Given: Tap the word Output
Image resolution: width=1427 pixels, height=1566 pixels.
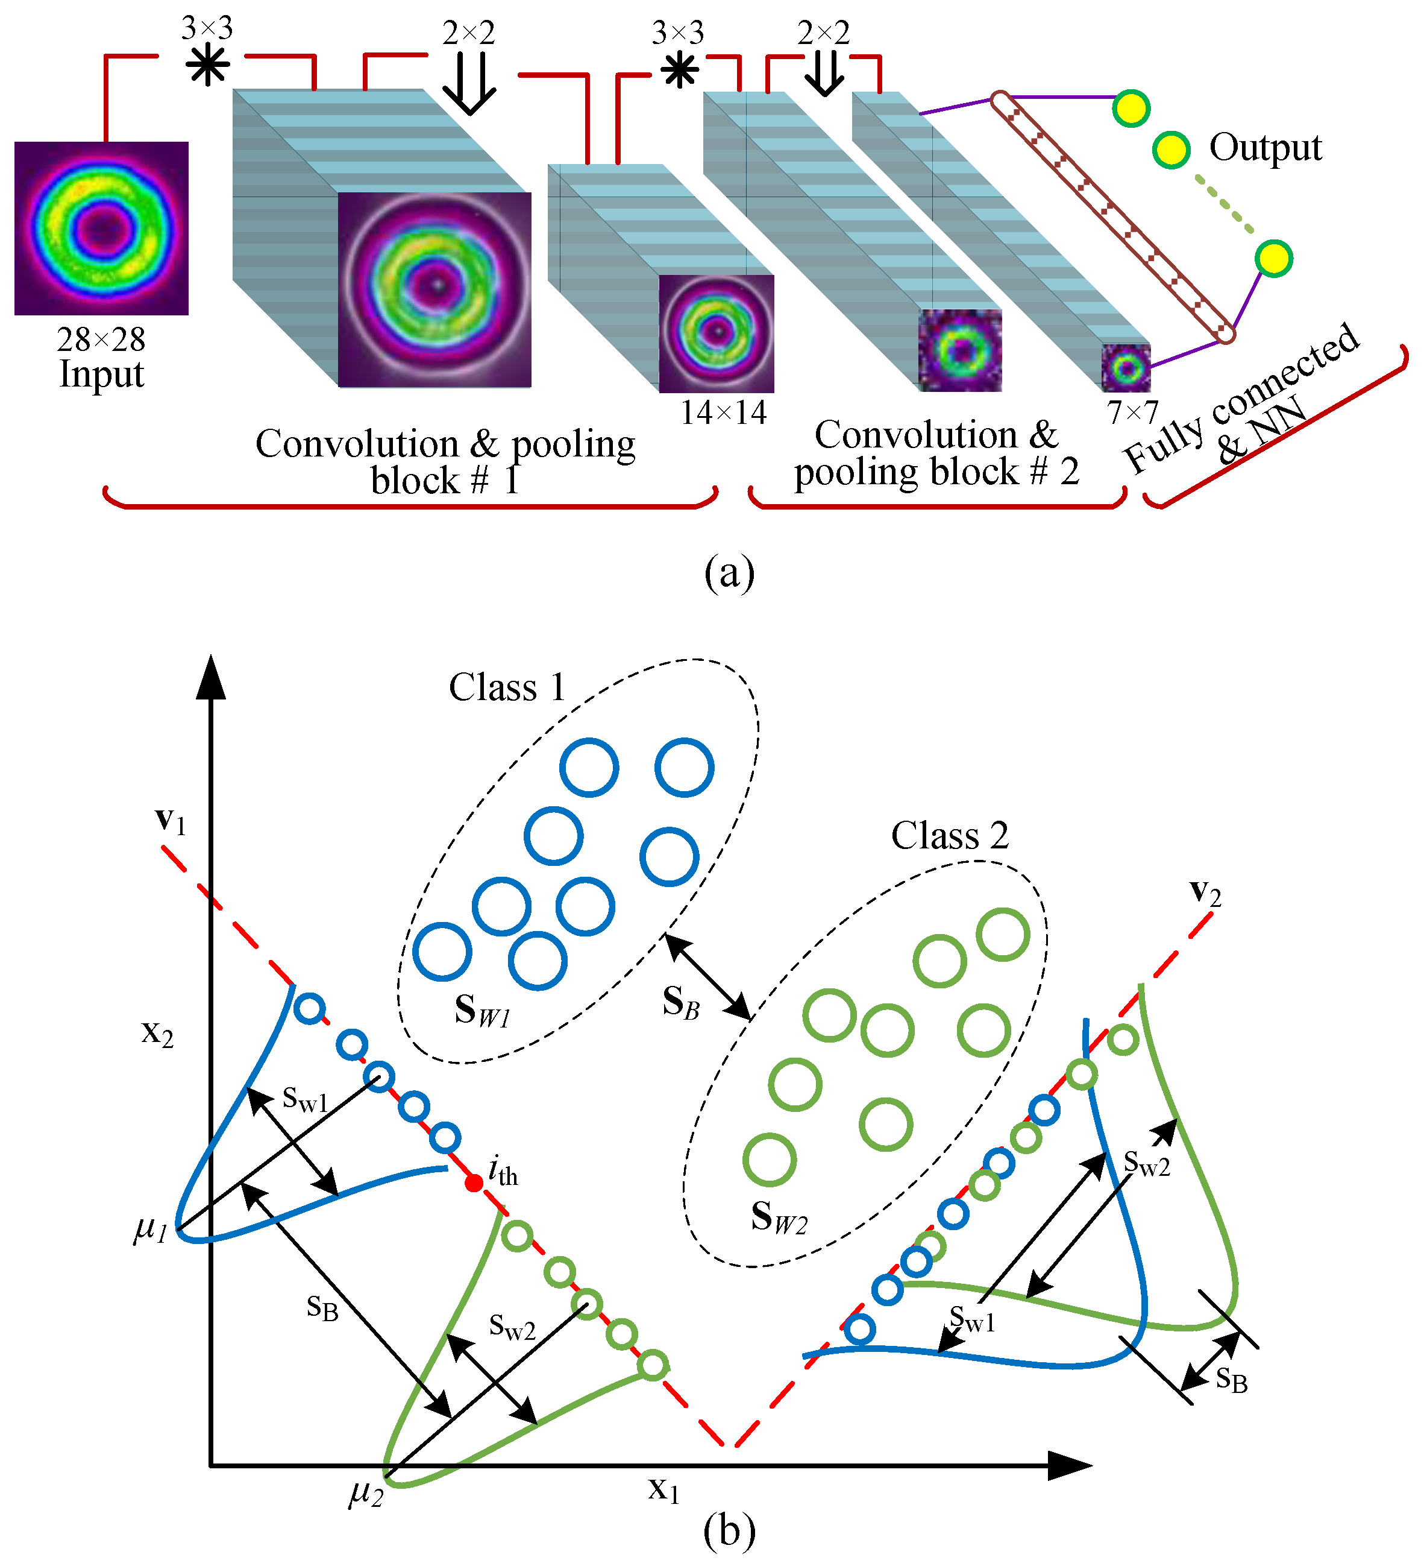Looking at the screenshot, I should [1265, 148].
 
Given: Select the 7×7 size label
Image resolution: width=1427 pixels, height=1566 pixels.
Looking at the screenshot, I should [1132, 412].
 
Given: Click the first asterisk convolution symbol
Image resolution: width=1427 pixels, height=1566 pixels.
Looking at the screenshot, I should [207, 65].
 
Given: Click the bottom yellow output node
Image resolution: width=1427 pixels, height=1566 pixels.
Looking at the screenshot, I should [1273, 259].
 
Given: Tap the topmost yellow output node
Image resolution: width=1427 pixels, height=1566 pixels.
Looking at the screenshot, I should [1131, 108].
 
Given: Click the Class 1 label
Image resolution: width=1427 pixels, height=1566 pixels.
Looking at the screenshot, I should [507, 687].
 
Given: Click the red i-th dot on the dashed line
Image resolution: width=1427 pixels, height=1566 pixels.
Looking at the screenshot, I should [474, 1183].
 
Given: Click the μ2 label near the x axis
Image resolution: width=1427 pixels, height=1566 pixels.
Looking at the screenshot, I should [366, 1491].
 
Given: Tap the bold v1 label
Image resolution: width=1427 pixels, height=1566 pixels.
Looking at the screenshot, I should [171, 821].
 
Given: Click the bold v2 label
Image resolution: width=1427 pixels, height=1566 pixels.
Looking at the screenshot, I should [1205, 893].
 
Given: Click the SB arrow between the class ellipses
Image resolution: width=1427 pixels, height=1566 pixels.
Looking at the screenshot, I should [707, 976].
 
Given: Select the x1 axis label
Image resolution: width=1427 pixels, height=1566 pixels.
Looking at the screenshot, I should [664, 1488].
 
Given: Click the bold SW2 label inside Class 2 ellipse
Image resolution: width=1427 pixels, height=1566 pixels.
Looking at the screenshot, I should [779, 1217].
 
